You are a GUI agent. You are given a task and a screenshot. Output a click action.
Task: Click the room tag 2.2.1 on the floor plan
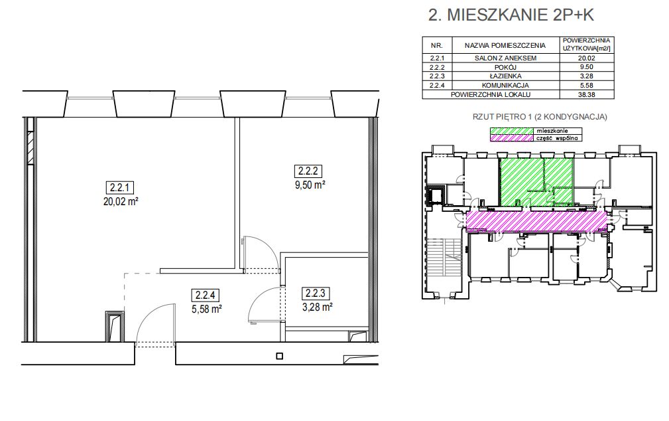(120, 187)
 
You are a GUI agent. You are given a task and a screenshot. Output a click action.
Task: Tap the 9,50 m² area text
(308, 185)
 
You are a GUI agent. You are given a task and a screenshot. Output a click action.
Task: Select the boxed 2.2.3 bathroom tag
(316, 294)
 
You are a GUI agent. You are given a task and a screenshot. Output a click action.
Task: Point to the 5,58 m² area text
(206, 308)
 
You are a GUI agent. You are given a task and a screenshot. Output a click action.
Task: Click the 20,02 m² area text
(120, 201)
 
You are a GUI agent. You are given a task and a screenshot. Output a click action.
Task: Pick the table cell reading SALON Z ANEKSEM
(505, 58)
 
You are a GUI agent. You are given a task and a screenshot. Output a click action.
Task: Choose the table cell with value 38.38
(587, 94)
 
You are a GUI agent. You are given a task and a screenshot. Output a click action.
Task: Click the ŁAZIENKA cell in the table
(505, 76)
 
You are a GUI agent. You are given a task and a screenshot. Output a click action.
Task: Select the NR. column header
(436, 45)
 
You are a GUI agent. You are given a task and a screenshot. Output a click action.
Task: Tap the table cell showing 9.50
(587, 67)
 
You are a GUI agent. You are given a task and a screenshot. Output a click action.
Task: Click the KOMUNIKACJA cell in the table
(505, 86)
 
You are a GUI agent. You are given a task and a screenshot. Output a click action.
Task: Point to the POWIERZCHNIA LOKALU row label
(491, 94)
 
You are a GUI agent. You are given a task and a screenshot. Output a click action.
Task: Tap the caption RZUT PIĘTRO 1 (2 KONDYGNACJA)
(540, 117)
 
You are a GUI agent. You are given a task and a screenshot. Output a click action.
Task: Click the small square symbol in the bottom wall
(279, 356)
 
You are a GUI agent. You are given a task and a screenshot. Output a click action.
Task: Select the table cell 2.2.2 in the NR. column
(437, 67)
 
